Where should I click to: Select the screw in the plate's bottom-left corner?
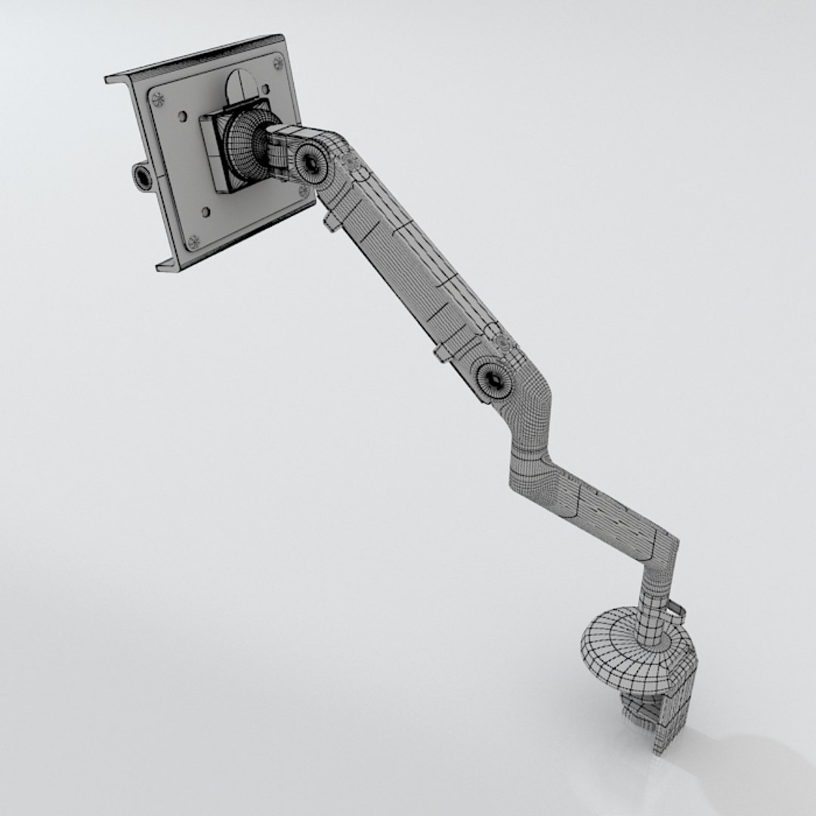click(193, 241)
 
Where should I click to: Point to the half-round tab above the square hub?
click(240, 82)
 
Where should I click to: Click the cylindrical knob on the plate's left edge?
click(141, 177)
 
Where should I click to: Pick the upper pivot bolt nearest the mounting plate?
click(310, 161)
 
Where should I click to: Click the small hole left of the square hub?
click(182, 117)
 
